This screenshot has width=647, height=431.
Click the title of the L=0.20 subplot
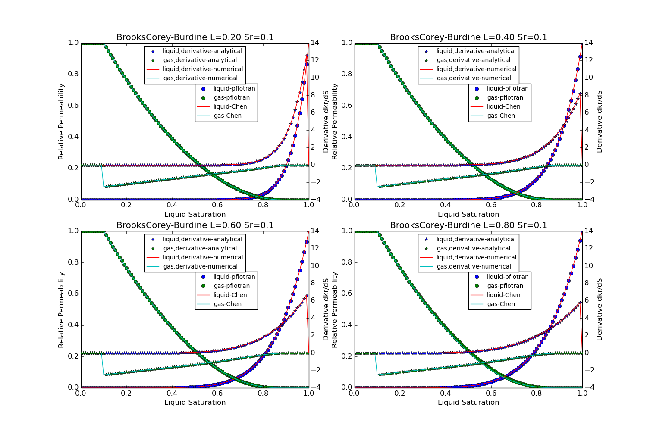[195, 37]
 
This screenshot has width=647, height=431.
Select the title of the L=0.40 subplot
[468, 37]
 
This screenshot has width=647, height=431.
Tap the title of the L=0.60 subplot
[195, 225]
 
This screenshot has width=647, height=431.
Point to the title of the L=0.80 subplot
[468, 225]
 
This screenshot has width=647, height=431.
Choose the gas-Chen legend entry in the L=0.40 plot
[501, 116]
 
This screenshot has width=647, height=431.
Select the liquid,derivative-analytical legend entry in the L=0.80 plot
[476, 240]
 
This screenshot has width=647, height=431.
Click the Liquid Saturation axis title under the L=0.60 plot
[195, 403]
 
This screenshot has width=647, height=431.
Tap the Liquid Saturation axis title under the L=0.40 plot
[468, 215]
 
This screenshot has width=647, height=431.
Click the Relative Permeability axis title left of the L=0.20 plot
[61, 122]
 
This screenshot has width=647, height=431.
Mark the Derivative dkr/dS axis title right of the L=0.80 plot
[600, 309]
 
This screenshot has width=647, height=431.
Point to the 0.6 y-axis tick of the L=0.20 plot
[73, 106]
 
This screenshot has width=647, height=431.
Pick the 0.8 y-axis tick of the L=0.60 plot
[73, 262]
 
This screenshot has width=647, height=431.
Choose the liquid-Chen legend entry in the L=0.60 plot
[230, 295]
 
